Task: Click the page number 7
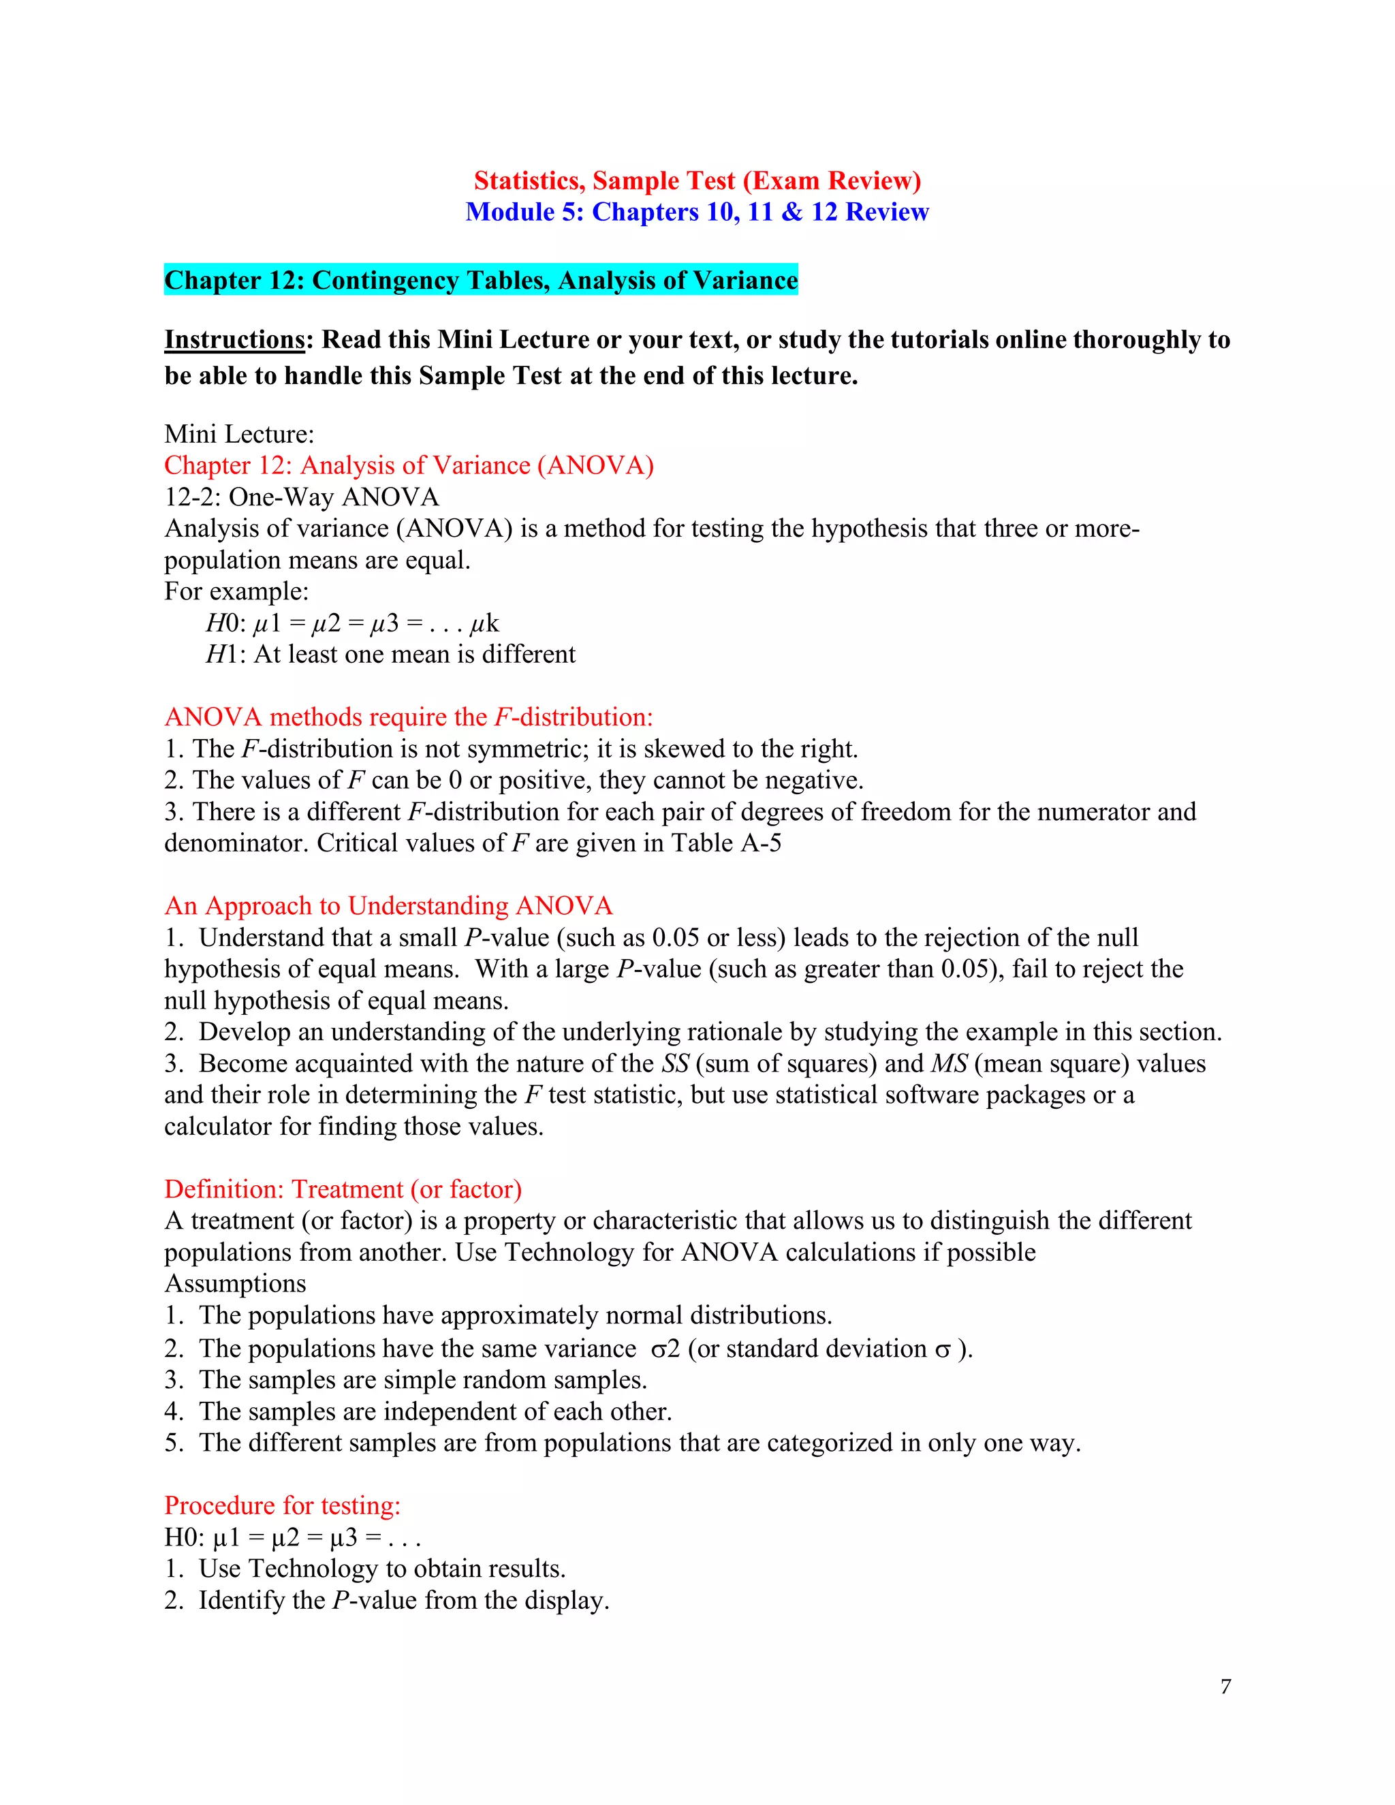point(1225,1686)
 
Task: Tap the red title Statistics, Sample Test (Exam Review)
point(697,180)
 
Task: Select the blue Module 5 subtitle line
point(697,212)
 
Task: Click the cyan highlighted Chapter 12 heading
point(480,280)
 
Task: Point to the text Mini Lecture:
point(239,434)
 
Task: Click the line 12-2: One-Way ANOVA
point(301,497)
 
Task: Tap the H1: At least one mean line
point(390,654)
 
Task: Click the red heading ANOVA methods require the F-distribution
point(408,717)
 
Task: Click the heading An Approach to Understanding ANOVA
point(388,906)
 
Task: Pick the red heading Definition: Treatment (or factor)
point(342,1189)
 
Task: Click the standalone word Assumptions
point(235,1283)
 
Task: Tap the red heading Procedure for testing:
point(282,1505)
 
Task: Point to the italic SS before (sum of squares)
point(675,1064)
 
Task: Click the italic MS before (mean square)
point(949,1064)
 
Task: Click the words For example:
point(236,591)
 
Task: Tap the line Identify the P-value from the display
point(403,1600)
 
